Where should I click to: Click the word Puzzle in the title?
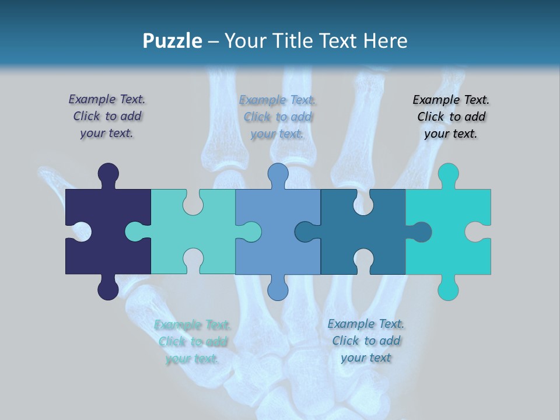click(x=172, y=41)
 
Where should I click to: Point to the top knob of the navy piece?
click(x=108, y=174)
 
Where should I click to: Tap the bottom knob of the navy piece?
click(x=108, y=289)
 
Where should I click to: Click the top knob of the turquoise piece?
click(x=448, y=174)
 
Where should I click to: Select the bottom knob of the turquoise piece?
click(x=448, y=289)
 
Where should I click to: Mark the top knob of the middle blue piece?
click(x=278, y=174)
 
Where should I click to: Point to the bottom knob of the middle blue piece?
click(x=278, y=289)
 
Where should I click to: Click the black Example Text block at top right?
click(x=451, y=117)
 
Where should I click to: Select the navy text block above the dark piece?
click(x=107, y=117)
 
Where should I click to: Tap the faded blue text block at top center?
click(x=277, y=117)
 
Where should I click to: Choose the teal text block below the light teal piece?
click(x=192, y=342)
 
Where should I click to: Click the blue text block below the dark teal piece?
click(x=366, y=341)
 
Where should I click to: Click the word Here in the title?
click(x=384, y=41)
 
